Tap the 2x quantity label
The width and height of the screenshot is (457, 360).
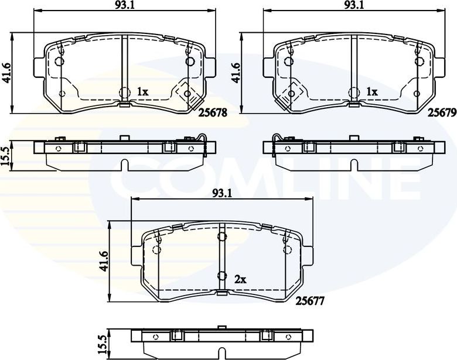coord(240,279)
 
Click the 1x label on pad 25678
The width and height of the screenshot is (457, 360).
coord(142,92)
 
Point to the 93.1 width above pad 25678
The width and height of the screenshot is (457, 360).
coord(122,5)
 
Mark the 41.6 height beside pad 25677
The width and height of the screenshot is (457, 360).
coord(104,260)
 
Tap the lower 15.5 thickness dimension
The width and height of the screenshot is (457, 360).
coord(104,344)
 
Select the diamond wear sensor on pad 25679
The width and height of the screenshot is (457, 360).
coord(290,92)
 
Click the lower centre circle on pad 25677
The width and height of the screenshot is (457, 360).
coord(221,276)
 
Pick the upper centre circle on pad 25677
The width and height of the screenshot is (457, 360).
coord(221,237)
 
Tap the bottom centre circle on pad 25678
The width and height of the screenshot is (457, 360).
coord(124,92)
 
